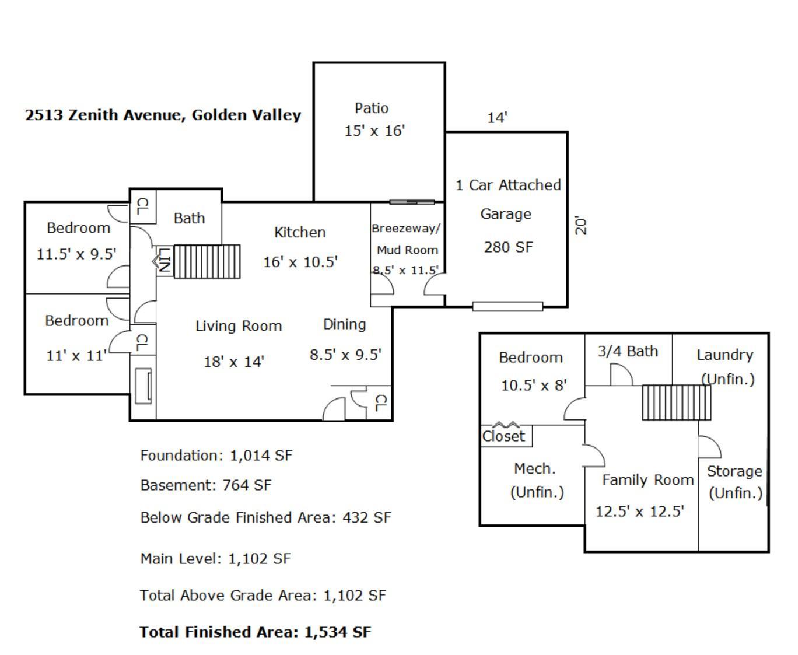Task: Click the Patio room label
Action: pyautogui.click(x=371, y=108)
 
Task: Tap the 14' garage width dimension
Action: pyautogui.click(x=497, y=118)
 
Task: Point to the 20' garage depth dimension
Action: pyautogui.click(x=580, y=226)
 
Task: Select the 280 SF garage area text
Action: pyautogui.click(x=508, y=247)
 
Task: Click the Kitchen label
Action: pyautogui.click(x=300, y=232)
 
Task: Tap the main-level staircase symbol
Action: pyautogui.click(x=207, y=261)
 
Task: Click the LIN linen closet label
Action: pyautogui.click(x=165, y=260)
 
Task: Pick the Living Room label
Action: pyautogui.click(x=239, y=326)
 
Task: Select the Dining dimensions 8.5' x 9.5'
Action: pyautogui.click(x=345, y=355)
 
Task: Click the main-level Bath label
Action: pyautogui.click(x=189, y=218)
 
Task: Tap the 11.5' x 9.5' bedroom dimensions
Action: pyautogui.click(x=76, y=254)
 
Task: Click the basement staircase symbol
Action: pyautogui.click(x=677, y=402)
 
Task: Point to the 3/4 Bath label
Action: pyautogui.click(x=628, y=351)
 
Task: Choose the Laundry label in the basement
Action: pyautogui.click(x=724, y=355)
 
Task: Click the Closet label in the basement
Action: pyautogui.click(x=503, y=436)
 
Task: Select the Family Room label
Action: pyautogui.click(x=647, y=480)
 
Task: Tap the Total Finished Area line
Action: pyautogui.click(x=256, y=632)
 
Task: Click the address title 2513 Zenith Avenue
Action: pyautogui.click(x=163, y=115)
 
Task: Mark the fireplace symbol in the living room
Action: pyautogui.click(x=143, y=386)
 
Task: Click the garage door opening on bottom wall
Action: pyautogui.click(x=508, y=306)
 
